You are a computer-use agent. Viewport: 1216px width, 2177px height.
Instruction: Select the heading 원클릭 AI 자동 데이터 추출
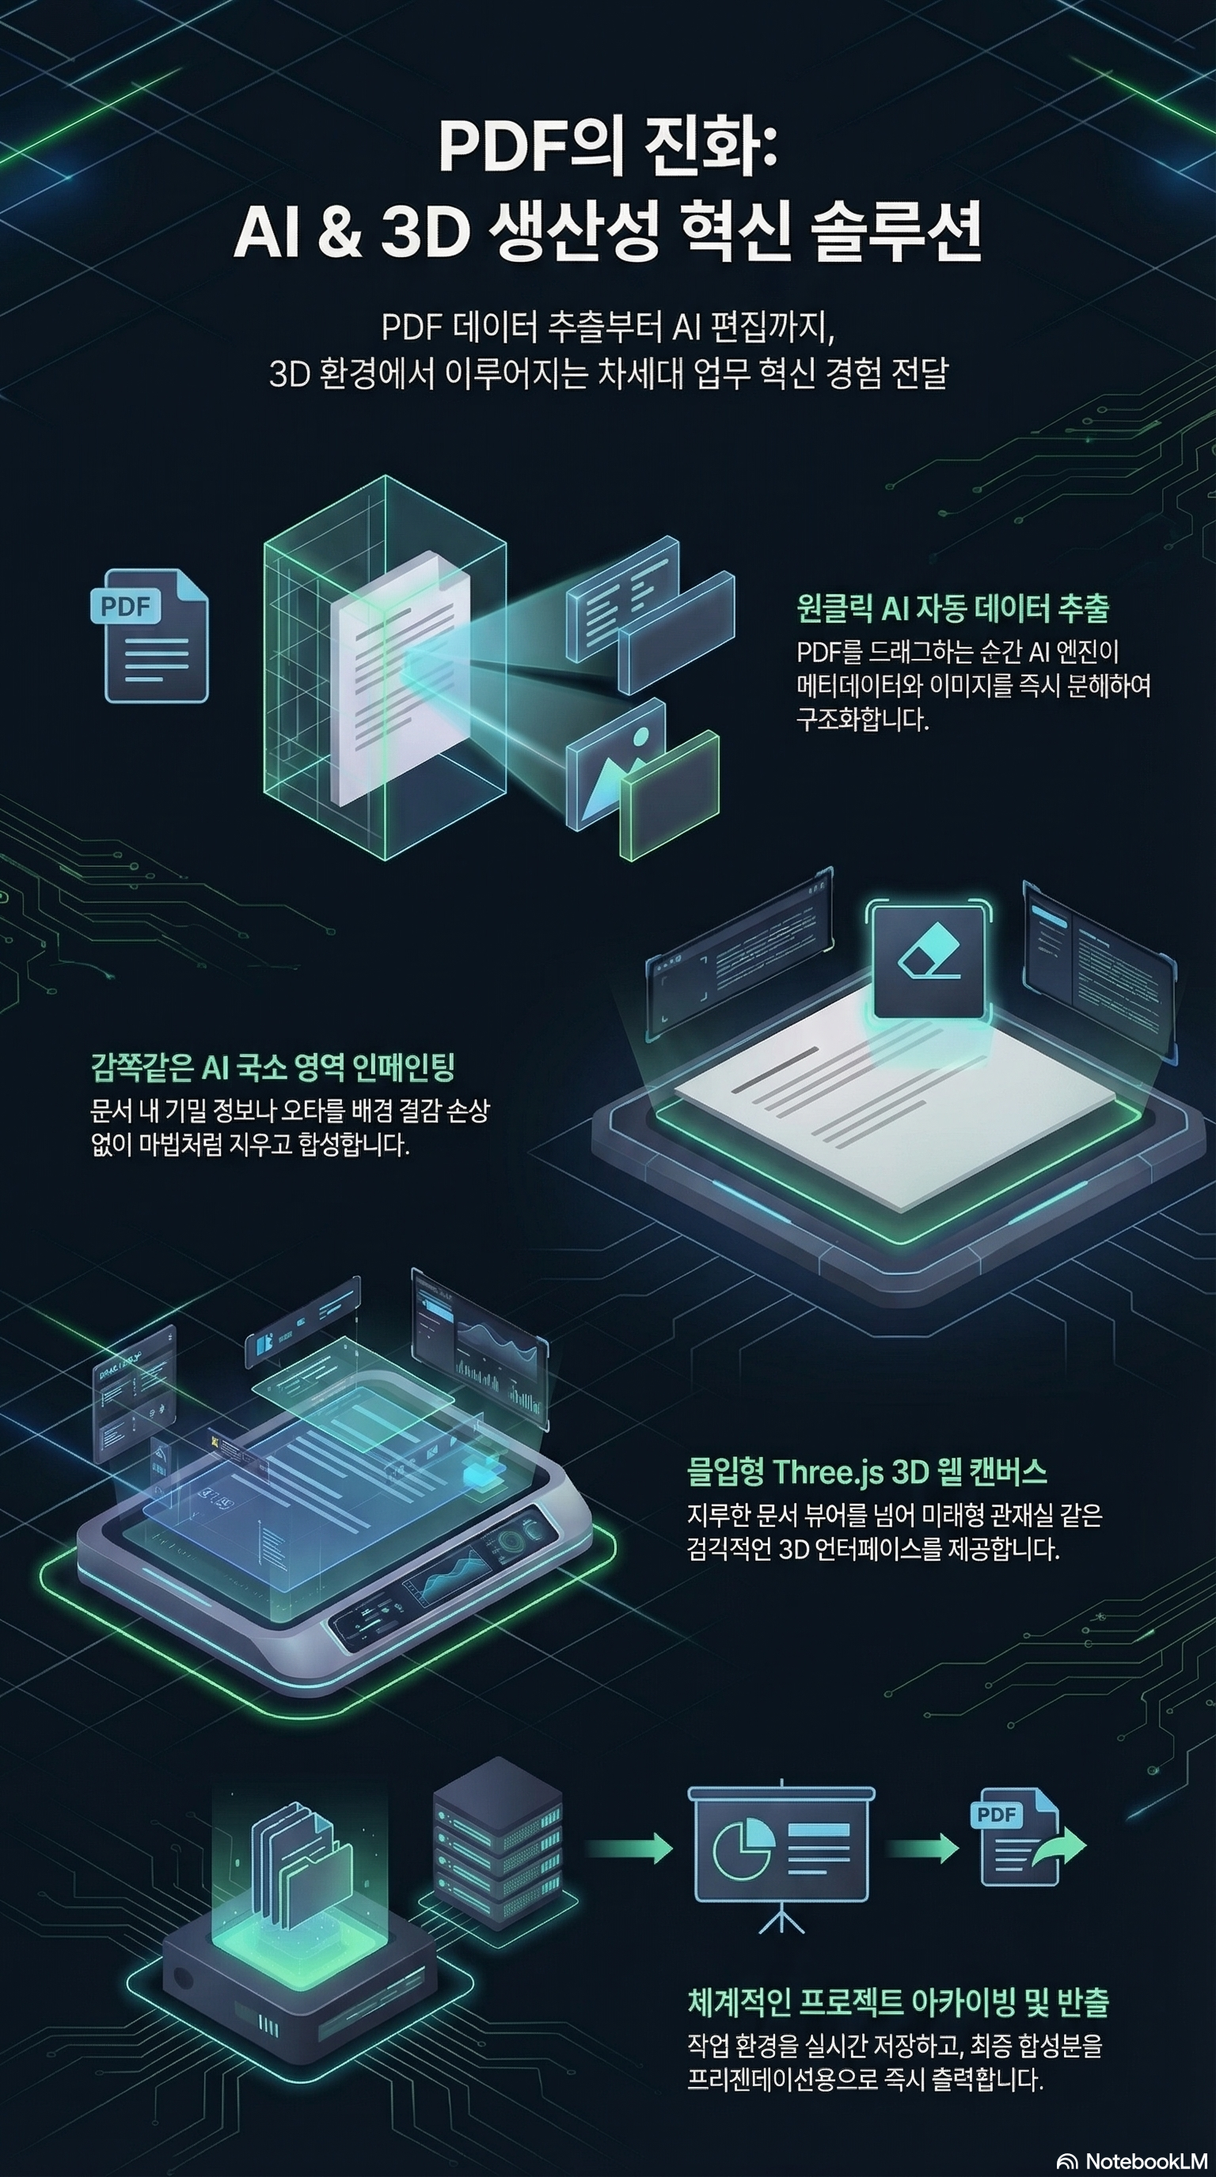[952, 608]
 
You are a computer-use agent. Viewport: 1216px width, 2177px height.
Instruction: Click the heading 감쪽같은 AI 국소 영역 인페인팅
[272, 1068]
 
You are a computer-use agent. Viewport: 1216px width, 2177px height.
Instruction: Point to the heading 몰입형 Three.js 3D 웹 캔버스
[867, 1472]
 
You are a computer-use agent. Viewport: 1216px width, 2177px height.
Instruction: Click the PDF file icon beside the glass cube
[150, 634]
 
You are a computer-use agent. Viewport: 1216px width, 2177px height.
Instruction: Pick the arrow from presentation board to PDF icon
[921, 1848]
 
